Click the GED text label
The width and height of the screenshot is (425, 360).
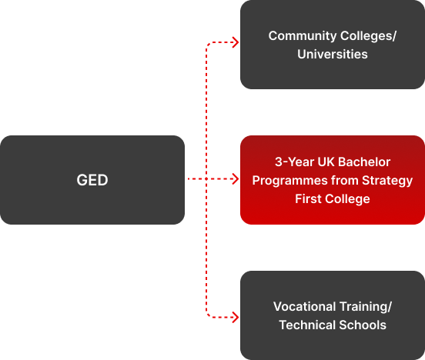coord(92,181)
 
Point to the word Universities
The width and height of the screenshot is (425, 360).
coord(333,55)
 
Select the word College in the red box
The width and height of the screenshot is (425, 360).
coord(348,199)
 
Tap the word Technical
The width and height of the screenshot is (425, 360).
coord(306,325)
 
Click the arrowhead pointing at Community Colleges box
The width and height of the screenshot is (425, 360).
coord(236,43)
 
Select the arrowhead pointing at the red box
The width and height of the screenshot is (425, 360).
coord(236,179)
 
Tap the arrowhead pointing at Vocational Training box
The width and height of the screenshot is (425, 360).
coord(236,316)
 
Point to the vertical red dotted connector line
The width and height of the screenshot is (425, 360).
coord(207,115)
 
